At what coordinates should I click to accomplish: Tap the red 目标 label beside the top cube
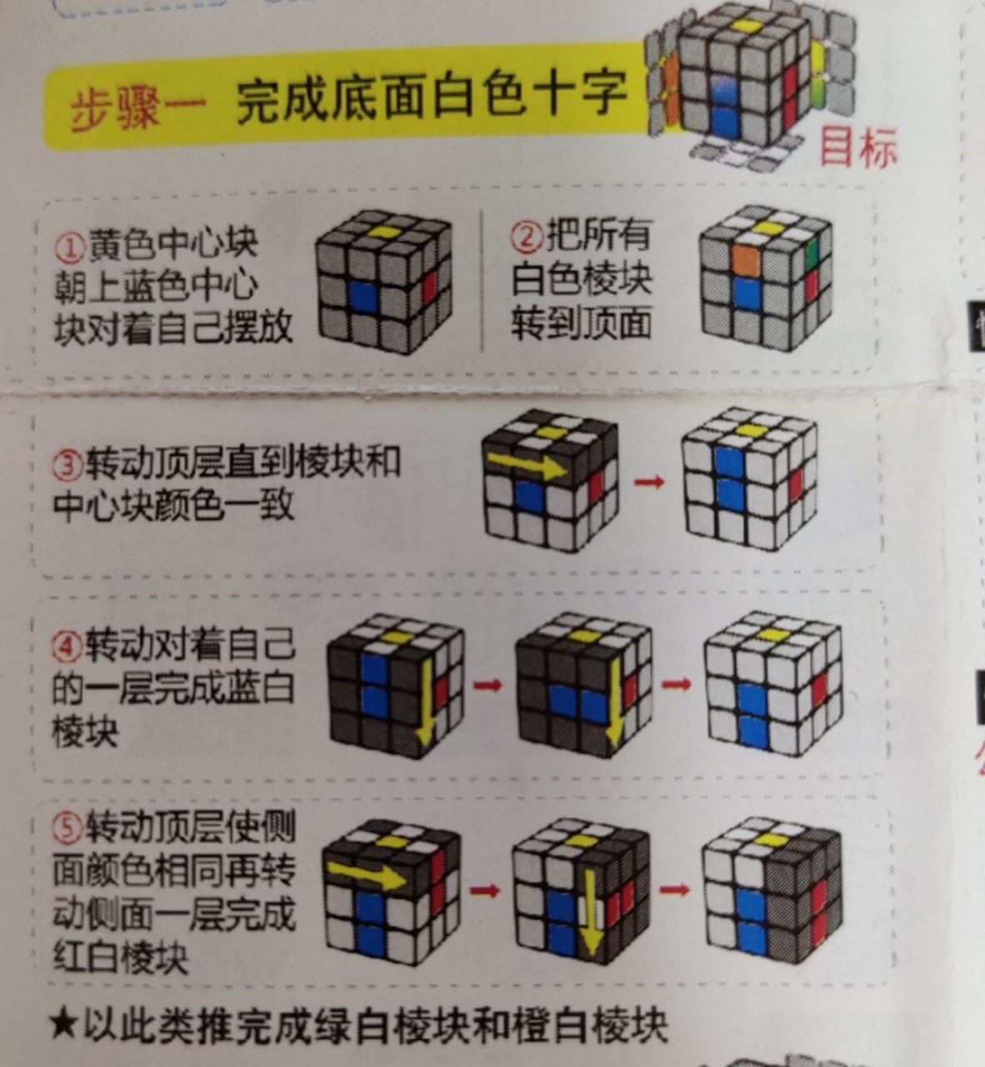858,148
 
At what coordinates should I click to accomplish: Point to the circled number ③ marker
68,463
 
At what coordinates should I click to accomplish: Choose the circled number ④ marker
67,644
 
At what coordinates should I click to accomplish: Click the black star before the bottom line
62,1025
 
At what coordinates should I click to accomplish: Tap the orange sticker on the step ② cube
746,258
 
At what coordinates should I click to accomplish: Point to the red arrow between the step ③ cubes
649,482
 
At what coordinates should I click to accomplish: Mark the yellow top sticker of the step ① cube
384,232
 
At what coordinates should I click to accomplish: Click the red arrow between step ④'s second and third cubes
677,684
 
